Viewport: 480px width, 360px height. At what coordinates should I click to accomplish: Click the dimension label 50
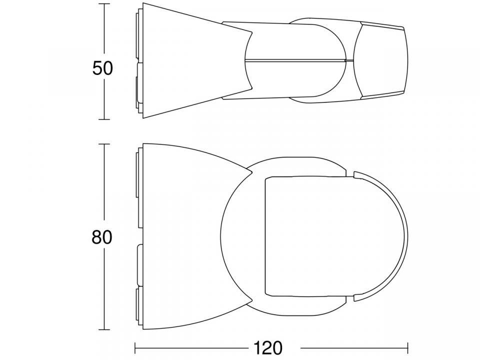coord(103,68)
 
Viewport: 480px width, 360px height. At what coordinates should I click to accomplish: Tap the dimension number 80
coord(102,237)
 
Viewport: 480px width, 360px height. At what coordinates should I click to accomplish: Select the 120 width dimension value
coord(268,347)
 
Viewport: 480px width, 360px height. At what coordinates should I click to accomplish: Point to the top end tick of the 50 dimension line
coord(104,3)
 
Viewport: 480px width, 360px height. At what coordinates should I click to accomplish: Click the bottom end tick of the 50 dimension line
coord(104,119)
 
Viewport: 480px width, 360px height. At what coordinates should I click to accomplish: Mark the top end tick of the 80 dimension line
coord(104,144)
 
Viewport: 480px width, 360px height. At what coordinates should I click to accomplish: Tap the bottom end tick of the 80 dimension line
coord(104,329)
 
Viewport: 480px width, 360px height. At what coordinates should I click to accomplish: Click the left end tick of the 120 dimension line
coord(135,346)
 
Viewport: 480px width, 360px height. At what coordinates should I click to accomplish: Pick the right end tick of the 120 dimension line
coord(408,346)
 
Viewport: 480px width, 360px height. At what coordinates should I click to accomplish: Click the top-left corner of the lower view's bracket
coord(143,144)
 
